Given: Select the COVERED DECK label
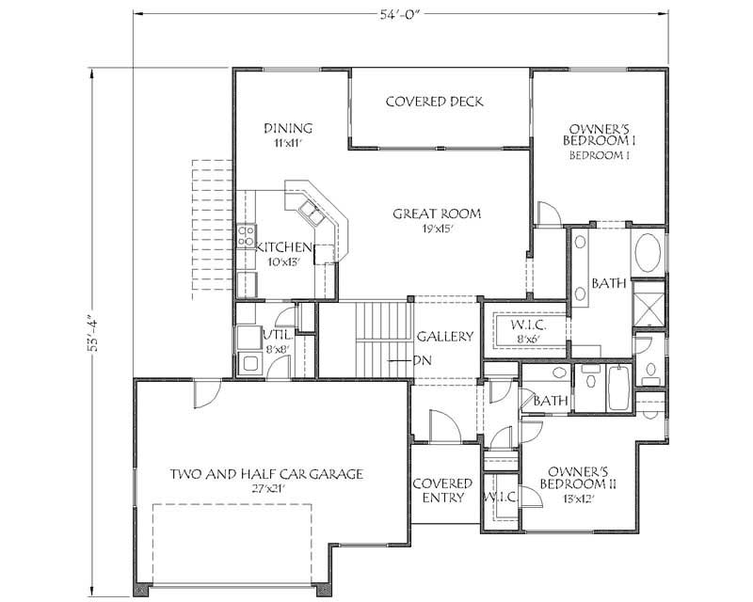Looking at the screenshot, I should [435, 102].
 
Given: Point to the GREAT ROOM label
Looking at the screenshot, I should [437, 214].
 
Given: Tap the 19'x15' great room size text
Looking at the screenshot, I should [437, 229].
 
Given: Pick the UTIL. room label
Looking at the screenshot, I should [277, 335].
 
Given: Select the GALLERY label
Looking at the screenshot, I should [445, 336].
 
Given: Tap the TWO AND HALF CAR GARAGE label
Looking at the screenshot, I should [266, 474].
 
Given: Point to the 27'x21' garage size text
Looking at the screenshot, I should [266, 489].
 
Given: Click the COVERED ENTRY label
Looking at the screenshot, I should [442, 490].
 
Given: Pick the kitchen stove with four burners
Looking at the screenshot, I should [247, 232].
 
